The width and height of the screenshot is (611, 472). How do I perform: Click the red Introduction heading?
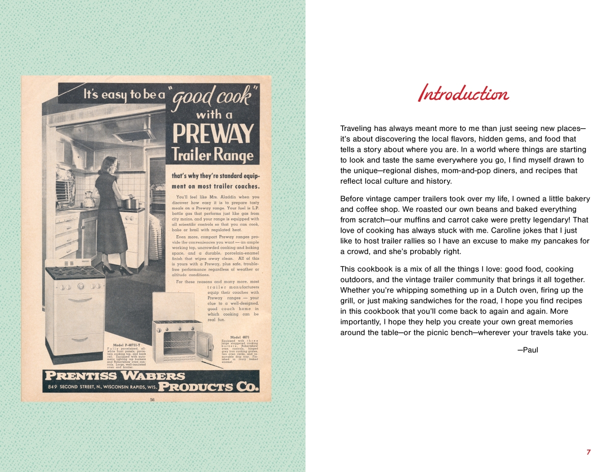point(463,94)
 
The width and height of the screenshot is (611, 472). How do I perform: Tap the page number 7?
point(589,452)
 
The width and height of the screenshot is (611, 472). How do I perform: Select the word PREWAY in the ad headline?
point(212,134)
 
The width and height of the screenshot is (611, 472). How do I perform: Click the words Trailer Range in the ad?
point(212,155)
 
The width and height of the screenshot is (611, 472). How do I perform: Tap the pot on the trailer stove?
point(131,203)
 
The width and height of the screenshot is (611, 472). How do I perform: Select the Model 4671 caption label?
point(239,337)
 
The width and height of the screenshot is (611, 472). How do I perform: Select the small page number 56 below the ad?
point(152,400)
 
